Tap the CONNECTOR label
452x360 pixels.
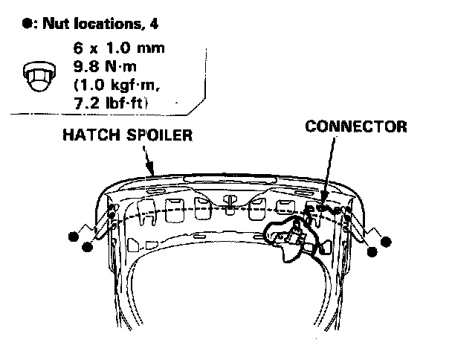[356, 126]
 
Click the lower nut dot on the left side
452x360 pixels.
[88, 248]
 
